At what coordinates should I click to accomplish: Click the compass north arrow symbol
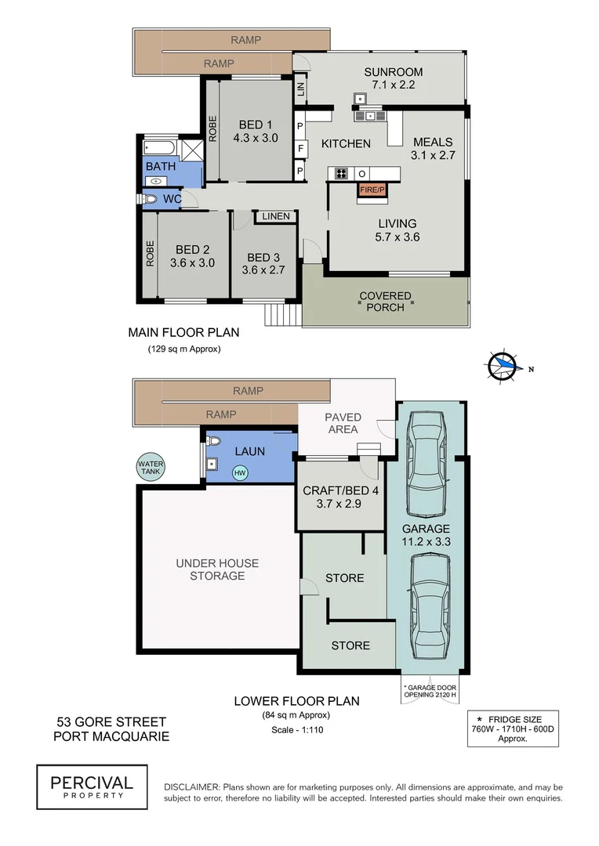click(503, 365)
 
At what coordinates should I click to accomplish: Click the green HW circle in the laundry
click(238, 473)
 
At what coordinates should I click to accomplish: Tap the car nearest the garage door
click(429, 607)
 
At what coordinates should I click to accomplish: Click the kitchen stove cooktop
click(343, 173)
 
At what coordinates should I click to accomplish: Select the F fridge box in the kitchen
click(299, 148)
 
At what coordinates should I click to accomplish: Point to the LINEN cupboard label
click(275, 216)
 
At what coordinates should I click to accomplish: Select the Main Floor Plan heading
click(183, 332)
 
